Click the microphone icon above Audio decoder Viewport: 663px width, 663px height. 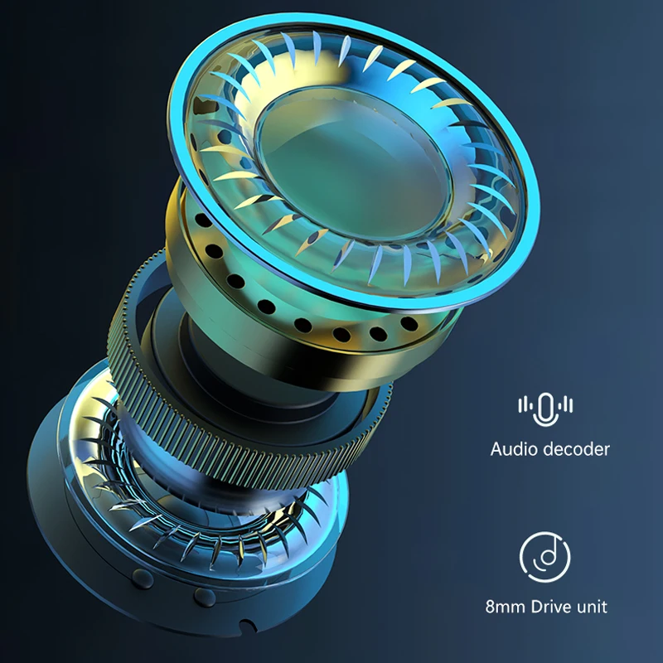coord(545,409)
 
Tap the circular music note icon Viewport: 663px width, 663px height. coord(545,556)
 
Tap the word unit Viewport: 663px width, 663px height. coord(592,607)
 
